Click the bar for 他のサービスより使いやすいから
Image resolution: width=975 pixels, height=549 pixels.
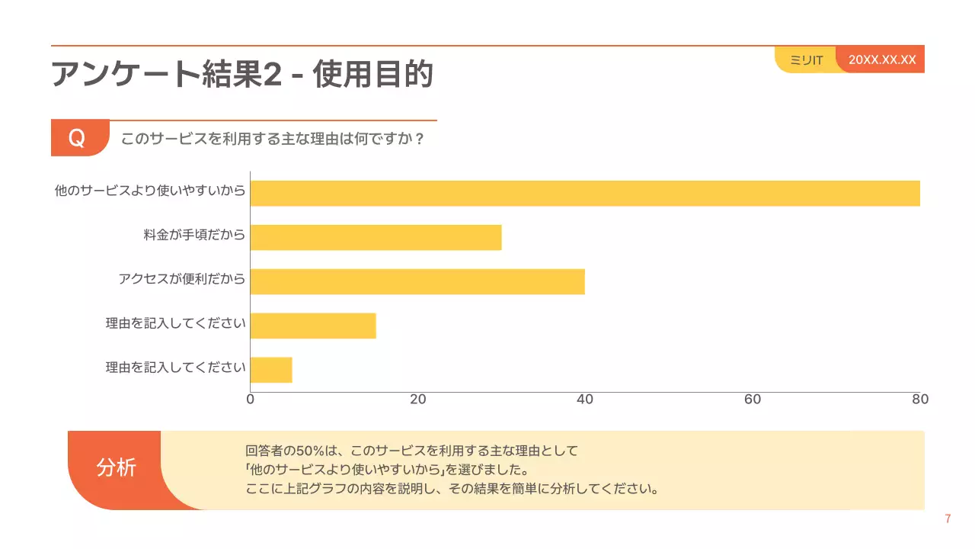point(584,193)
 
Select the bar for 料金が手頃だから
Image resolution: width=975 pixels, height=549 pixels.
point(376,237)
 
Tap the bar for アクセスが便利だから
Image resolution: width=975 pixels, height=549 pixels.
point(417,281)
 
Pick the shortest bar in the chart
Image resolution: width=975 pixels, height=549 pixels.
point(271,370)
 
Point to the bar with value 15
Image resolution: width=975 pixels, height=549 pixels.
point(313,326)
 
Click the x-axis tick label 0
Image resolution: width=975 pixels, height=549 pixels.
point(251,400)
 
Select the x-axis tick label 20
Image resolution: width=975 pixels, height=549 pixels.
point(417,400)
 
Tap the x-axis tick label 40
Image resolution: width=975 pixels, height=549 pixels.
point(585,400)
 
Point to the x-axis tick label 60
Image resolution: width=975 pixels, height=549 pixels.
point(753,400)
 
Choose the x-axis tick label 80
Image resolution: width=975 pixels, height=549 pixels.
point(920,400)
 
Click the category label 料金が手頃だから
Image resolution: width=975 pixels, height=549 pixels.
point(194,235)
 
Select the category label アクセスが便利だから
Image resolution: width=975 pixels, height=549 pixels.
point(181,279)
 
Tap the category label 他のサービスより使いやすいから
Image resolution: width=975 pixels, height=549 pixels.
point(150,191)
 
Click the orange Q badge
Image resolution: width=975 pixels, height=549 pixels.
point(78,139)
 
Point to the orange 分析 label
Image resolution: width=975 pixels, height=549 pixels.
point(116,467)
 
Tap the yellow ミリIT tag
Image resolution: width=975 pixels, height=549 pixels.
point(806,60)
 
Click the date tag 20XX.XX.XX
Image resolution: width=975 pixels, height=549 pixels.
point(882,59)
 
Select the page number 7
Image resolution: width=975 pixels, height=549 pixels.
point(948,519)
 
